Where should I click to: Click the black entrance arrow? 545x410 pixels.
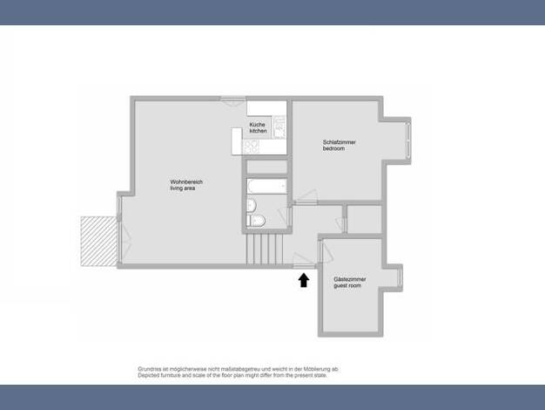pyautogui.click(x=304, y=280)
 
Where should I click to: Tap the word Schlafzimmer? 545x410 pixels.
pyautogui.click(x=339, y=142)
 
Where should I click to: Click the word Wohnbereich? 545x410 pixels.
pyautogui.click(x=186, y=181)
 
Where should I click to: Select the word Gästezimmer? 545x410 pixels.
pyautogui.click(x=350, y=279)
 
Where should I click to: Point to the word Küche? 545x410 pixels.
pyautogui.click(x=257, y=125)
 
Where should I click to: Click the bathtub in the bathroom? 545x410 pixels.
pyautogui.click(x=267, y=186)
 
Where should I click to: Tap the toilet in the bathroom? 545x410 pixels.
pyautogui.click(x=256, y=221)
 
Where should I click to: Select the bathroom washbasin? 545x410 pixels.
pyautogui.click(x=252, y=205)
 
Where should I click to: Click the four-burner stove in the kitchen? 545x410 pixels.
pyautogui.click(x=251, y=147)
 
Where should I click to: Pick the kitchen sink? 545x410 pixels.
pyautogui.click(x=279, y=127)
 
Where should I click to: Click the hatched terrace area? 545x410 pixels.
pyautogui.click(x=99, y=242)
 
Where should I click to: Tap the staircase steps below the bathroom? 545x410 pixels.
pyautogui.click(x=265, y=249)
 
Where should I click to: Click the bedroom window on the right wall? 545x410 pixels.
pyautogui.click(x=408, y=140)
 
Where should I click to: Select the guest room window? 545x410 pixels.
pyautogui.click(x=400, y=277)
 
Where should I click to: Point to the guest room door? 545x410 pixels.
pyautogui.click(x=326, y=251)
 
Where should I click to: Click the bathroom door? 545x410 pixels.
pyautogui.click(x=285, y=216)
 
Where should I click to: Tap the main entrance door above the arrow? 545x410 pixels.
pyautogui.click(x=304, y=261)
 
